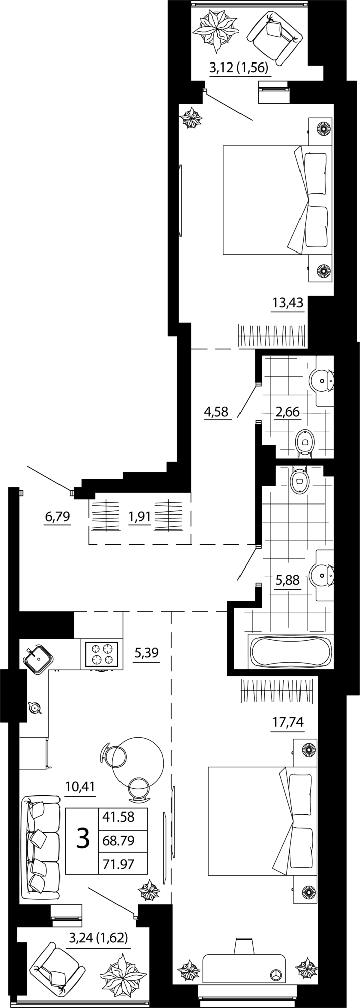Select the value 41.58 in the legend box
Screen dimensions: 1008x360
tap(118, 817)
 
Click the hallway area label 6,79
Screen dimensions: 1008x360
tap(57, 517)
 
